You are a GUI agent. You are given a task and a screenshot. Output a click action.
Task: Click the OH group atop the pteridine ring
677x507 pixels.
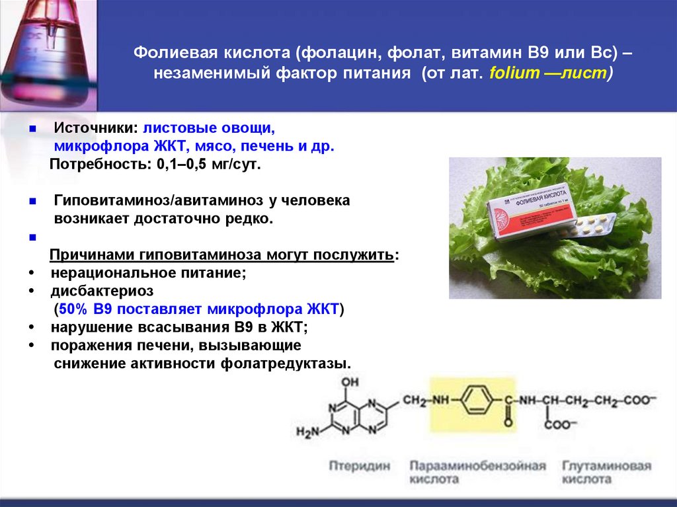tap(352, 381)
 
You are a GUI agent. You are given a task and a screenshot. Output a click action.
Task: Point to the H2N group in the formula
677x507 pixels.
tap(307, 432)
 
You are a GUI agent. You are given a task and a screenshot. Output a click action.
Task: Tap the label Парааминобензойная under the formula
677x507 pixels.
tap(477, 466)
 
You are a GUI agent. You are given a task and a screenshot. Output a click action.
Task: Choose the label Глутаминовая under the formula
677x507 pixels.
tap(606, 466)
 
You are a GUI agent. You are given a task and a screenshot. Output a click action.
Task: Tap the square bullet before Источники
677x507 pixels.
tap(33, 128)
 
